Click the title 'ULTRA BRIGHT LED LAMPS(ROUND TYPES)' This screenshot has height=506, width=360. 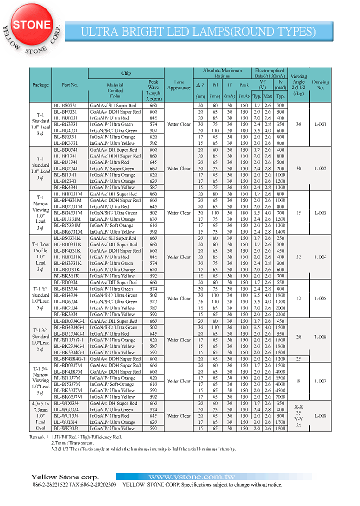pyautogui.click(x=198, y=32)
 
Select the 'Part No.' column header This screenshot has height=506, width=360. pyautogui.click(x=70, y=85)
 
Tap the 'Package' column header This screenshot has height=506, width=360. pyautogui.click(x=40, y=85)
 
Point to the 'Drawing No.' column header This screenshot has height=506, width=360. pyautogui.click(x=320, y=85)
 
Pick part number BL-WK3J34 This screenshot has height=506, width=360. pyautogui.click(x=70, y=428)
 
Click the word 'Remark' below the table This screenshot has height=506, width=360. pyautogui.click(x=37, y=436)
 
